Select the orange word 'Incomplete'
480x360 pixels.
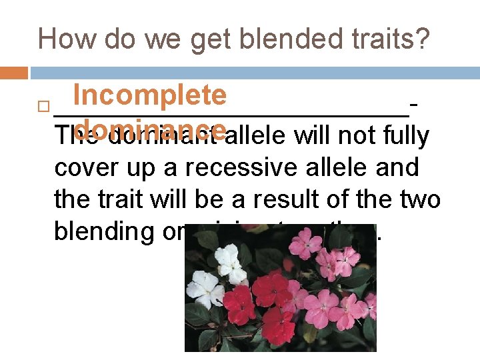click(x=150, y=96)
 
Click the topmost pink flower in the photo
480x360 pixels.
click(x=303, y=241)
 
